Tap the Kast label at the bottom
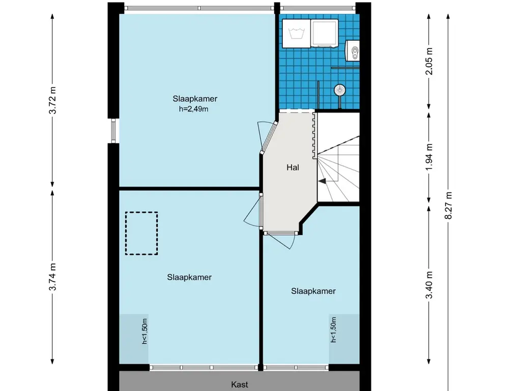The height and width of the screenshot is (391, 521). click(x=239, y=385)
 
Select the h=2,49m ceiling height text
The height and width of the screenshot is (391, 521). click(x=191, y=108)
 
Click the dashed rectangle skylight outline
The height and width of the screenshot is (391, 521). click(x=141, y=233)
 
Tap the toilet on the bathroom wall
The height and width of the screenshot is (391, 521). click(x=353, y=50)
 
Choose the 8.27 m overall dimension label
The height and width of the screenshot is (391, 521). click(x=448, y=205)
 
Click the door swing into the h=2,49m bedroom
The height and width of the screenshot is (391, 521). click(x=265, y=136)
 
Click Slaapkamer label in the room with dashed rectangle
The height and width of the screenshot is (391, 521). click(x=189, y=277)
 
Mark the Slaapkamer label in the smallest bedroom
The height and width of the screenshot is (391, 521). click(x=313, y=291)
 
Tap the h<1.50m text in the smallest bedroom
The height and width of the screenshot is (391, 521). click(x=334, y=329)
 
